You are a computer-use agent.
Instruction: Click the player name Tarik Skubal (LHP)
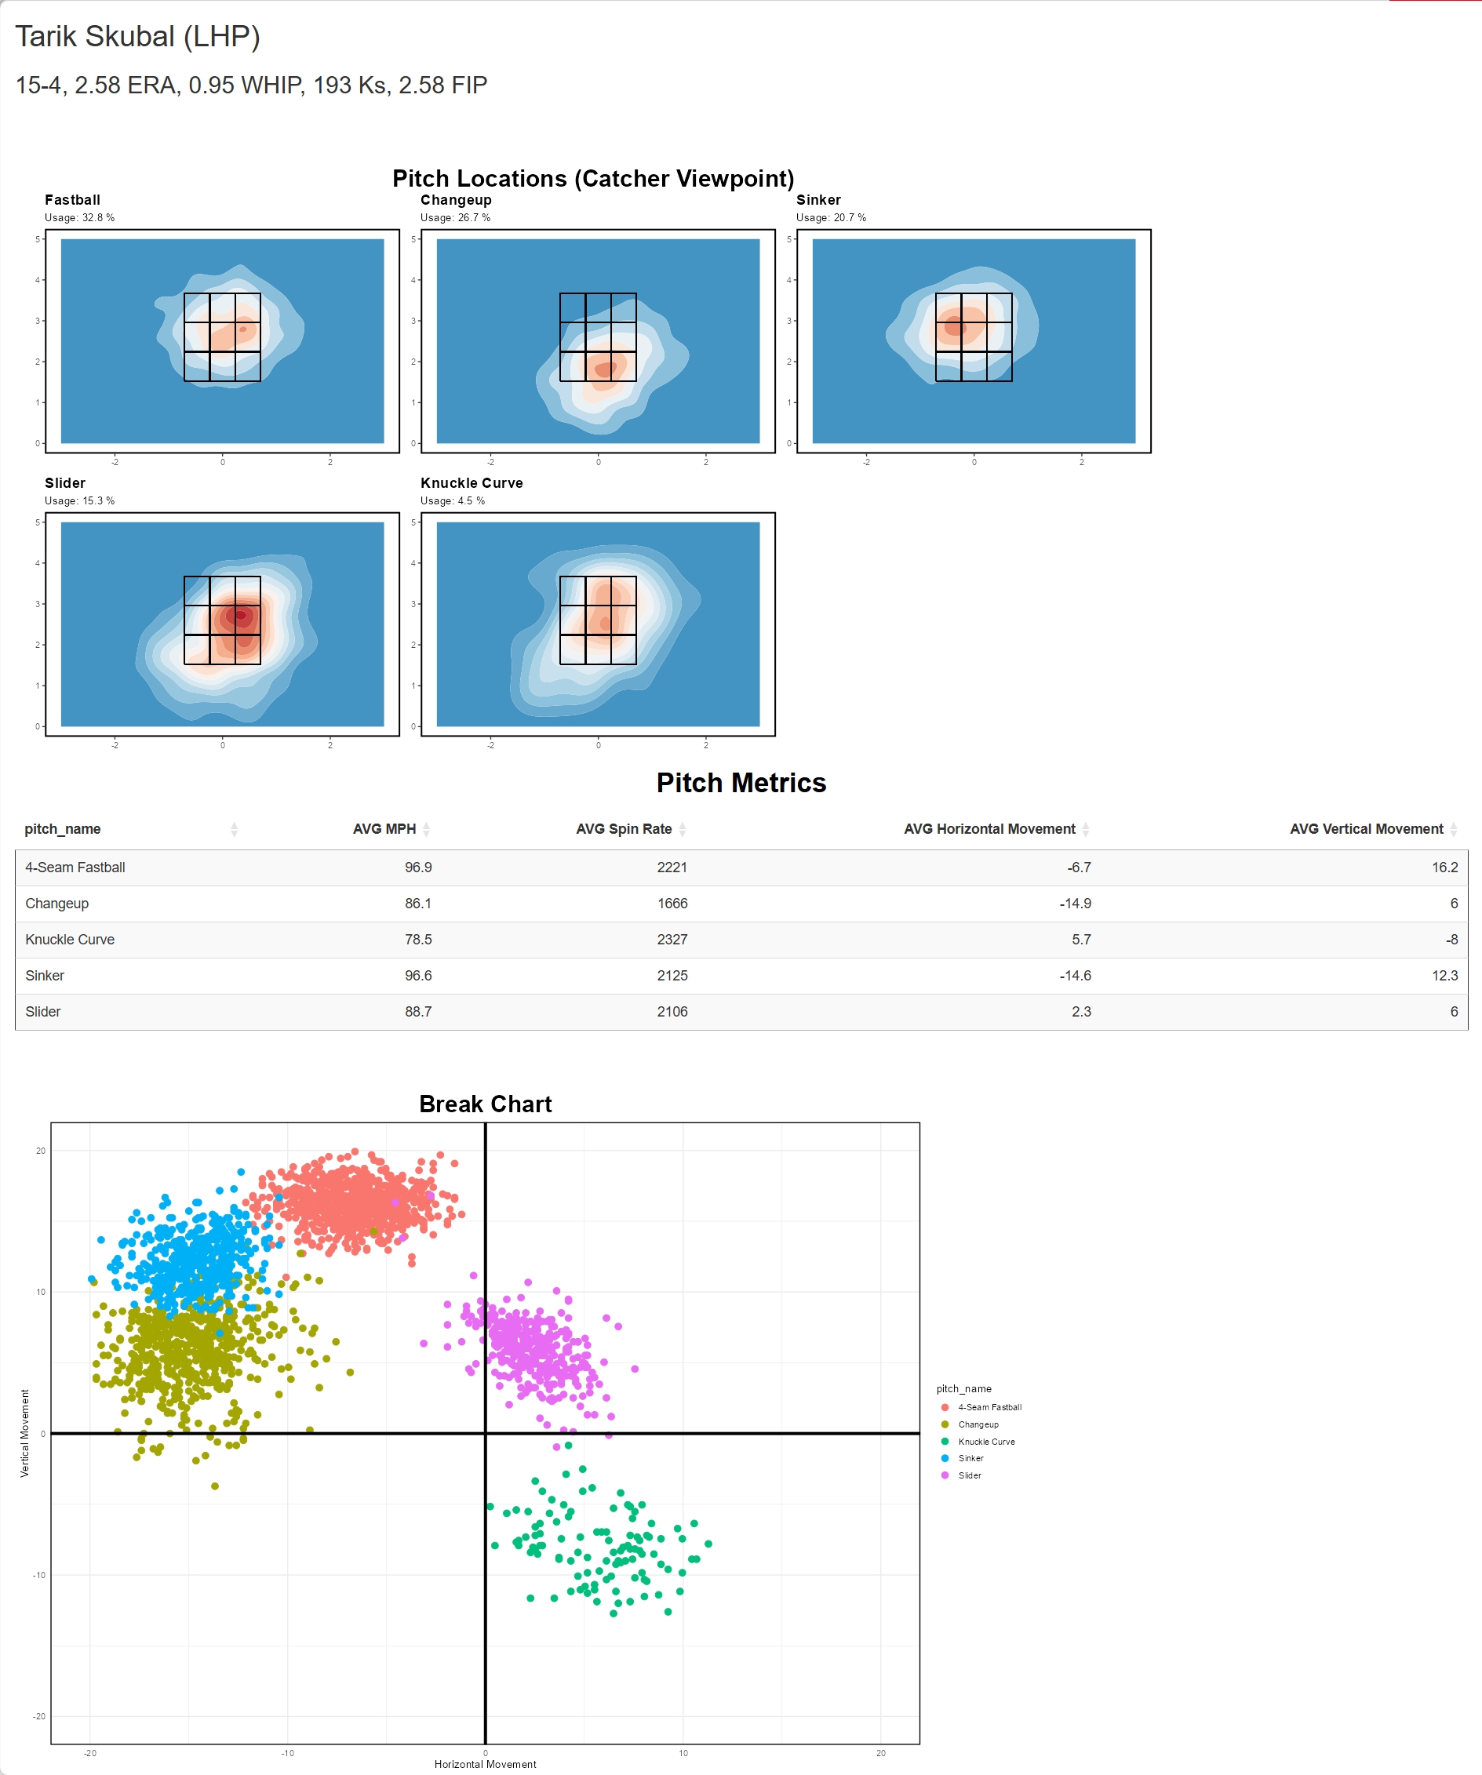click(x=137, y=36)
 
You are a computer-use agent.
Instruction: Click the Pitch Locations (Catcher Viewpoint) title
click(x=592, y=178)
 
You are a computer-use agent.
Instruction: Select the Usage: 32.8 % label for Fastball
click(x=79, y=218)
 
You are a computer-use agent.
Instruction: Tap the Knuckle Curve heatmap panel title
click(x=471, y=482)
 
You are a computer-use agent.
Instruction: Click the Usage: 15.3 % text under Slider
click(x=79, y=501)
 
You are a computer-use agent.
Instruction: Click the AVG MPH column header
click(x=384, y=829)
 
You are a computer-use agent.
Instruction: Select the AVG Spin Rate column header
click(x=623, y=829)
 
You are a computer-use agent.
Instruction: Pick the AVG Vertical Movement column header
click(x=1365, y=829)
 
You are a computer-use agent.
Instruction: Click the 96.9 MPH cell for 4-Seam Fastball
click(x=417, y=867)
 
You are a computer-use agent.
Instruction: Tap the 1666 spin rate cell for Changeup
click(x=672, y=904)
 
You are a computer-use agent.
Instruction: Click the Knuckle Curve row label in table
click(x=69, y=940)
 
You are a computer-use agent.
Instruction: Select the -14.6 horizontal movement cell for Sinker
click(x=1075, y=976)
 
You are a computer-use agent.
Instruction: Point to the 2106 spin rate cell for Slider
click(x=672, y=1012)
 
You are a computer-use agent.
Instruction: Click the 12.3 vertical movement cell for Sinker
click(x=1444, y=976)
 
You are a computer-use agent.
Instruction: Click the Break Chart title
click(x=486, y=1104)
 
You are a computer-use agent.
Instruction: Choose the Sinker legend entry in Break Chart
click(x=970, y=1458)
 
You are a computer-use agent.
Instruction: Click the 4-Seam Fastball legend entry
click(x=989, y=1407)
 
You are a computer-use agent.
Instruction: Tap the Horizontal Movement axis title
click(x=486, y=1764)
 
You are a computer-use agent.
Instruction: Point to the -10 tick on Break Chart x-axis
click(x=287, y=1753)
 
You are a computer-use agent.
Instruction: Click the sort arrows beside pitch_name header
click(x=234, y=829)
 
